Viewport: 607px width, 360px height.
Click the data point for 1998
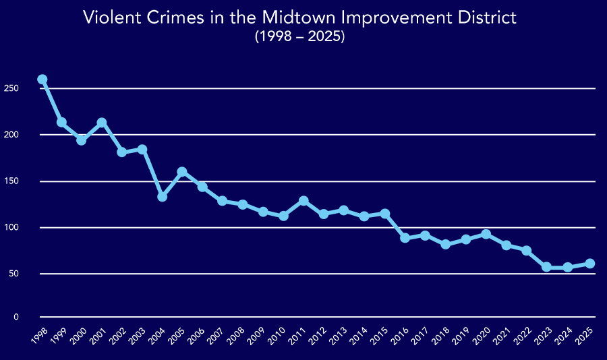[42, 80]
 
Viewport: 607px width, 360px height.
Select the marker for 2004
[162, 197]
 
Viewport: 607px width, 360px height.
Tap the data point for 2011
[303, 201]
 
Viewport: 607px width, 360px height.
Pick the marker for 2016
[405, 238]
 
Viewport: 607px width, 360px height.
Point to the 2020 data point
[486, 234]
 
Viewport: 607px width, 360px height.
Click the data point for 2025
[590, 264]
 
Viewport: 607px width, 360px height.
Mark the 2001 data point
[102, 123]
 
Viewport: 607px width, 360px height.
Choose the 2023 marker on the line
[546, 267]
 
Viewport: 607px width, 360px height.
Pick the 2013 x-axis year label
[339, 335]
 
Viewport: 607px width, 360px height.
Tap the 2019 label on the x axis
[460, 335]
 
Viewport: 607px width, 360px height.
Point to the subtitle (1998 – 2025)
[299, 38]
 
